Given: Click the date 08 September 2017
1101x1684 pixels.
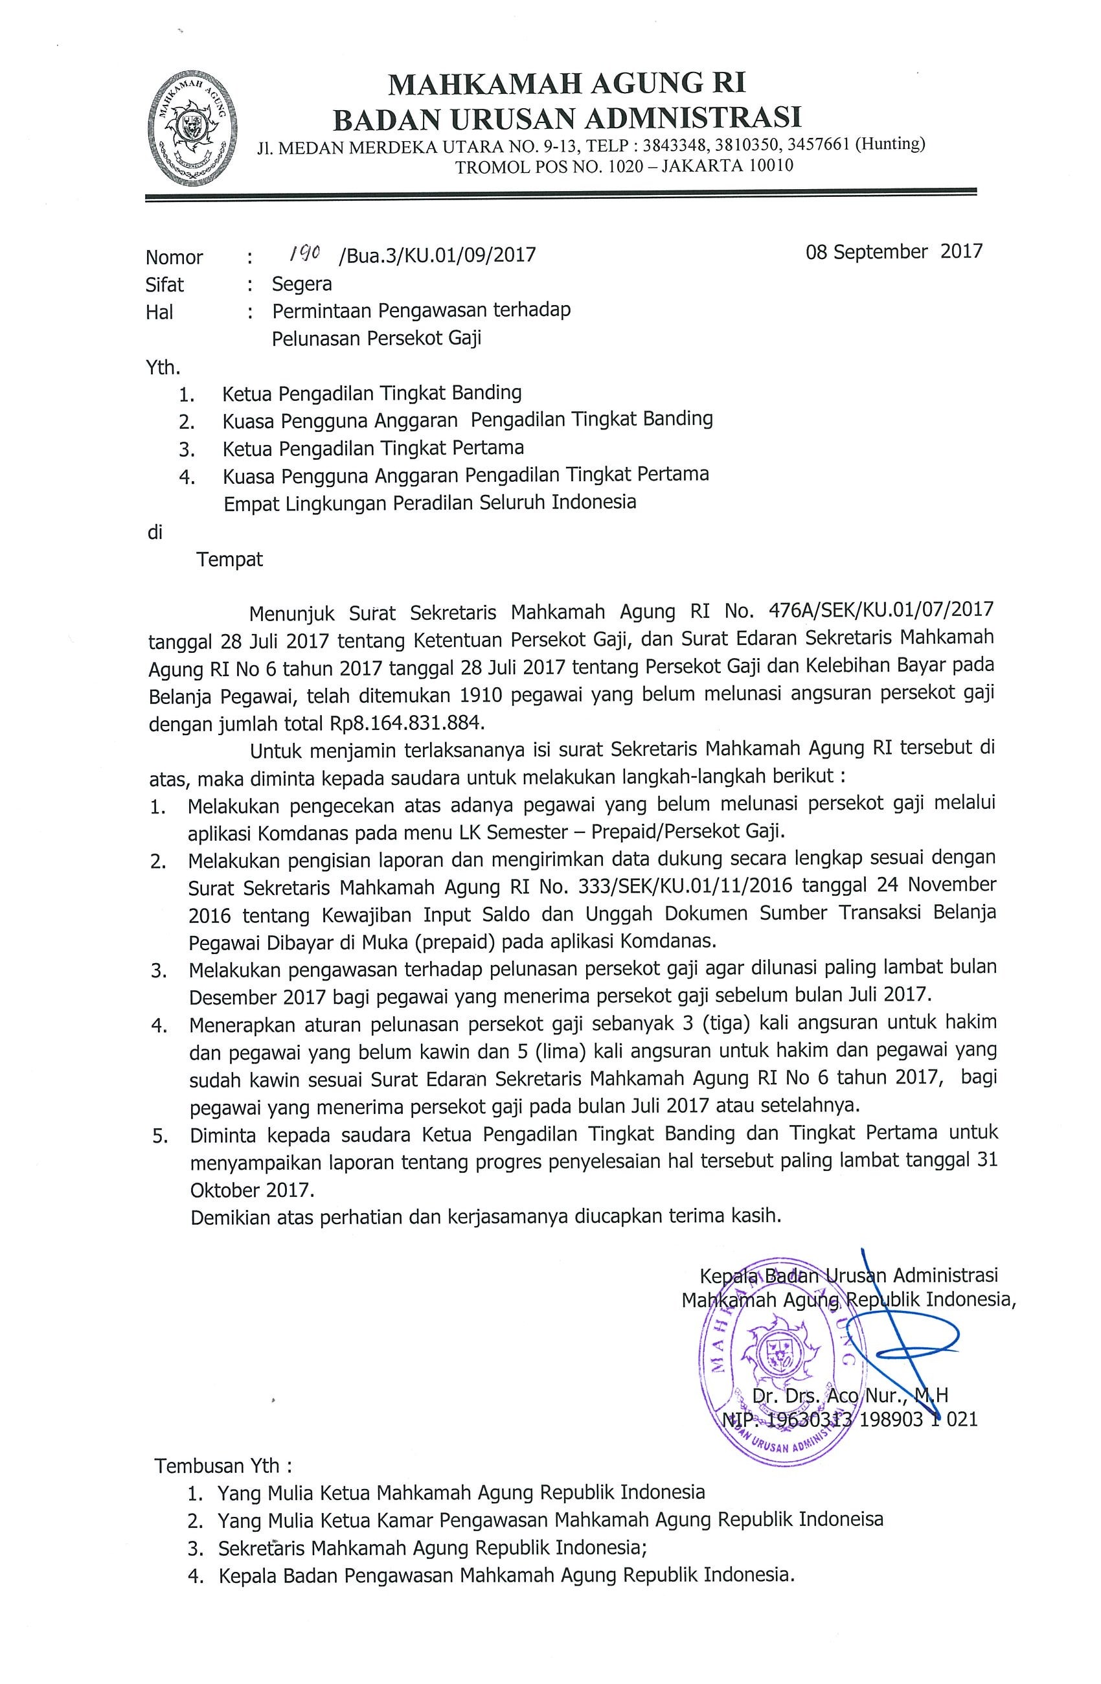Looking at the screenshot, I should point(894,251).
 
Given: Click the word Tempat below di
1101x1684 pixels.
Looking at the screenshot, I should point(230,560).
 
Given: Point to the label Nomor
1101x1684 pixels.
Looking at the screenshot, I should point(174,257).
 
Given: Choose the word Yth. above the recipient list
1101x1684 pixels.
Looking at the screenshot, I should point(163,368).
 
